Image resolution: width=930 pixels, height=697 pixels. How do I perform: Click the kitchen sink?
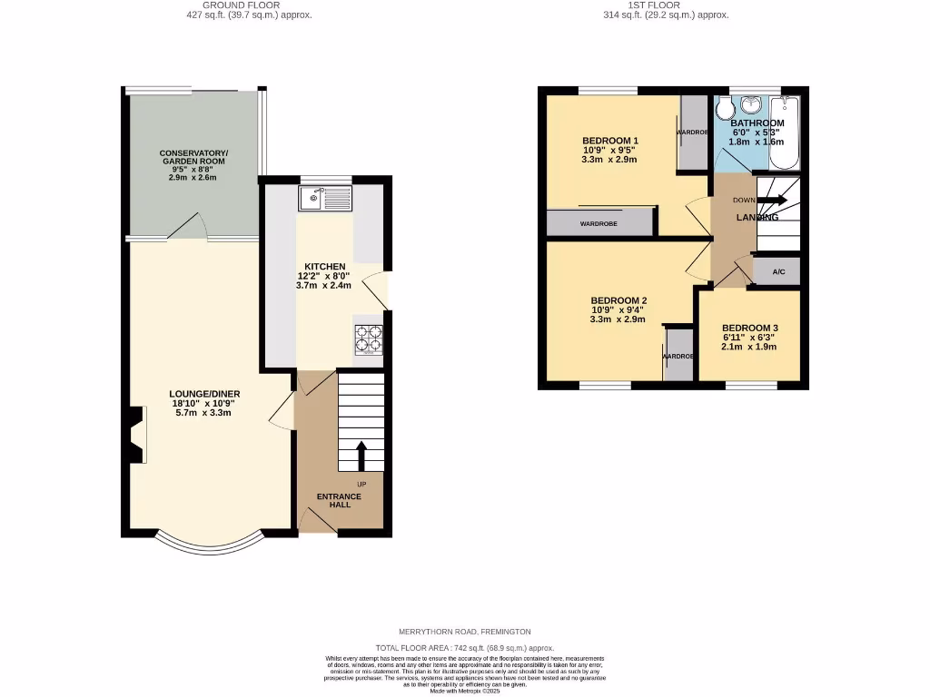325,197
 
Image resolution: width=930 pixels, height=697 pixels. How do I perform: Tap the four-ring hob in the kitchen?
368,340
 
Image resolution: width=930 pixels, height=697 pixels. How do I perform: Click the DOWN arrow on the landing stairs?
773,200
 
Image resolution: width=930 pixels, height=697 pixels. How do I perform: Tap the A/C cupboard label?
778,272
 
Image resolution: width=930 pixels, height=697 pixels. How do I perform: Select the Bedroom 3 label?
749,328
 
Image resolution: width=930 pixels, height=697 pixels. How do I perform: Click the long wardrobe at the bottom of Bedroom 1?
599,222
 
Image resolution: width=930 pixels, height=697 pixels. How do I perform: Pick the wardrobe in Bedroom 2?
678,355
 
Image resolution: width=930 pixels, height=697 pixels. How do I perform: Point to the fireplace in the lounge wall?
136,436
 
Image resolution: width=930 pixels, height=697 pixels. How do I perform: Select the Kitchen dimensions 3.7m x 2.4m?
323,285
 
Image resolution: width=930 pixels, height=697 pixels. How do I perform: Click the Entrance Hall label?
339,500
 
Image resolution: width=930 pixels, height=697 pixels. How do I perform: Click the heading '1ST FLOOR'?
667,5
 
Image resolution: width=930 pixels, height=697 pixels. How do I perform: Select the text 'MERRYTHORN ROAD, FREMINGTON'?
464,632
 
